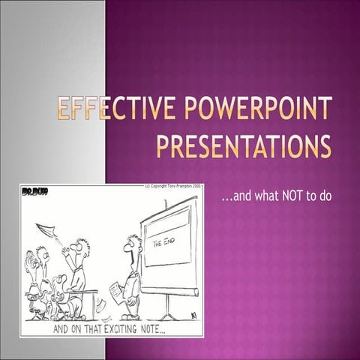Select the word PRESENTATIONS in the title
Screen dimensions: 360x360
[x=243, y=145]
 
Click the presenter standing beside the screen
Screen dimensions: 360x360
[x=130, y=277]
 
